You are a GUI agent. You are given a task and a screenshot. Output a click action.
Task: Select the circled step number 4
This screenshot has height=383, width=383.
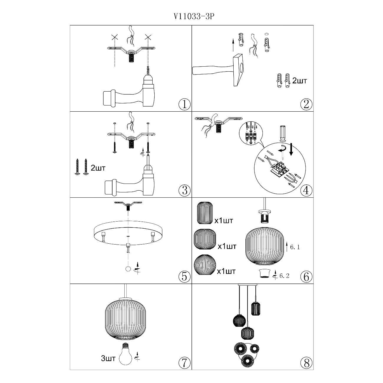(306, 190)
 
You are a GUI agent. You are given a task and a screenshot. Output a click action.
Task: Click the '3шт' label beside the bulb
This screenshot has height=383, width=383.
(108, 359)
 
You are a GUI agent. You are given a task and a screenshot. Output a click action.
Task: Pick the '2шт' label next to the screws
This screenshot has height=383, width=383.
(98, 168)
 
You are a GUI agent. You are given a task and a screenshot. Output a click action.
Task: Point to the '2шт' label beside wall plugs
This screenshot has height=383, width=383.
(300, 81)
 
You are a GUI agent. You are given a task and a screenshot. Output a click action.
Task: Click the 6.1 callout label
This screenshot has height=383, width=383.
(295, 247)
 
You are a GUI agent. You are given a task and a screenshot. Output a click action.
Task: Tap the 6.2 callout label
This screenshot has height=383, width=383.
(284, 276)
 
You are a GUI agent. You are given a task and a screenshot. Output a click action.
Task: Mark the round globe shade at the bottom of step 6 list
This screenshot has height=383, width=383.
(204, 265)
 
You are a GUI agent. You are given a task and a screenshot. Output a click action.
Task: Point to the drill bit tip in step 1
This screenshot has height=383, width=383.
(148, 67)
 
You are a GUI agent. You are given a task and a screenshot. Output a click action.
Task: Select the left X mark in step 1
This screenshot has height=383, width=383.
(115, 37)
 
